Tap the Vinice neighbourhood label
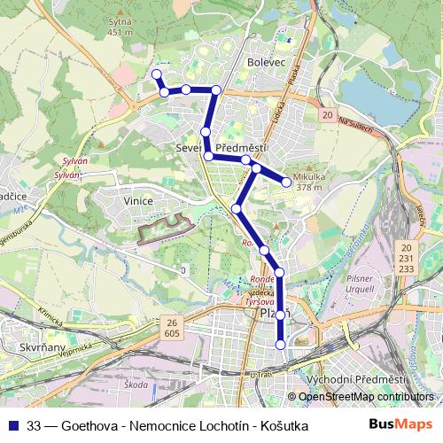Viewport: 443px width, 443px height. pos(139,201)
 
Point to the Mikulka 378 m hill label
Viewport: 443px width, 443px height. pos(308,181)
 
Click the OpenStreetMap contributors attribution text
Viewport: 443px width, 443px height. pos(366,398)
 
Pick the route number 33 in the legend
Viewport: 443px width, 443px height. pos(35,425)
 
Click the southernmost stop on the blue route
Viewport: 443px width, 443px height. pos(281,345)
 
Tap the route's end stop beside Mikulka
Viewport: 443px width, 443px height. pos(287,183)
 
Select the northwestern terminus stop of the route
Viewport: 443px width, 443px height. pos(157,74)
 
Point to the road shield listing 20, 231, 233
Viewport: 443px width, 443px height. pos(407,256)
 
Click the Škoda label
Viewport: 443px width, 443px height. pos(136,385)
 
